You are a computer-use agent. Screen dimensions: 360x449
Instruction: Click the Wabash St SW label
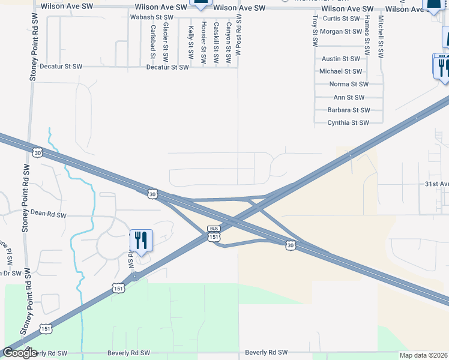(151, 18)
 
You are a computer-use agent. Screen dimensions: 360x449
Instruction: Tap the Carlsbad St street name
(154, 41)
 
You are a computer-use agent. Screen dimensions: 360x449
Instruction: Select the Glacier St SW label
(166, 40)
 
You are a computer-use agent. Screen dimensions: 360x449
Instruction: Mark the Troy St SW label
(315, 32)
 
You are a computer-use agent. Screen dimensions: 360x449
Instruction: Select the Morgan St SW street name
(341, 31)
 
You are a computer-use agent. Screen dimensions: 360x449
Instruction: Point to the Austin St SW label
(341, 59)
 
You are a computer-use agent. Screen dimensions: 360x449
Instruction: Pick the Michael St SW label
(340, 71)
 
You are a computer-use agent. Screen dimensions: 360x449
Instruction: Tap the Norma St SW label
(348, 85)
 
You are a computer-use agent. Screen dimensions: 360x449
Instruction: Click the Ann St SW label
(349, 97)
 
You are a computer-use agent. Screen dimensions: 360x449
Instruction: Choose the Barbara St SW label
(349, 110)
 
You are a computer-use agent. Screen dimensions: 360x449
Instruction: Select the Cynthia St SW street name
(348, 123)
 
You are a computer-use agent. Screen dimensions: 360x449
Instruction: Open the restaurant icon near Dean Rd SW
(141, 241)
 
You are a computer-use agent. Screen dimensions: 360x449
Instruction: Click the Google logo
(20, 353)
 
